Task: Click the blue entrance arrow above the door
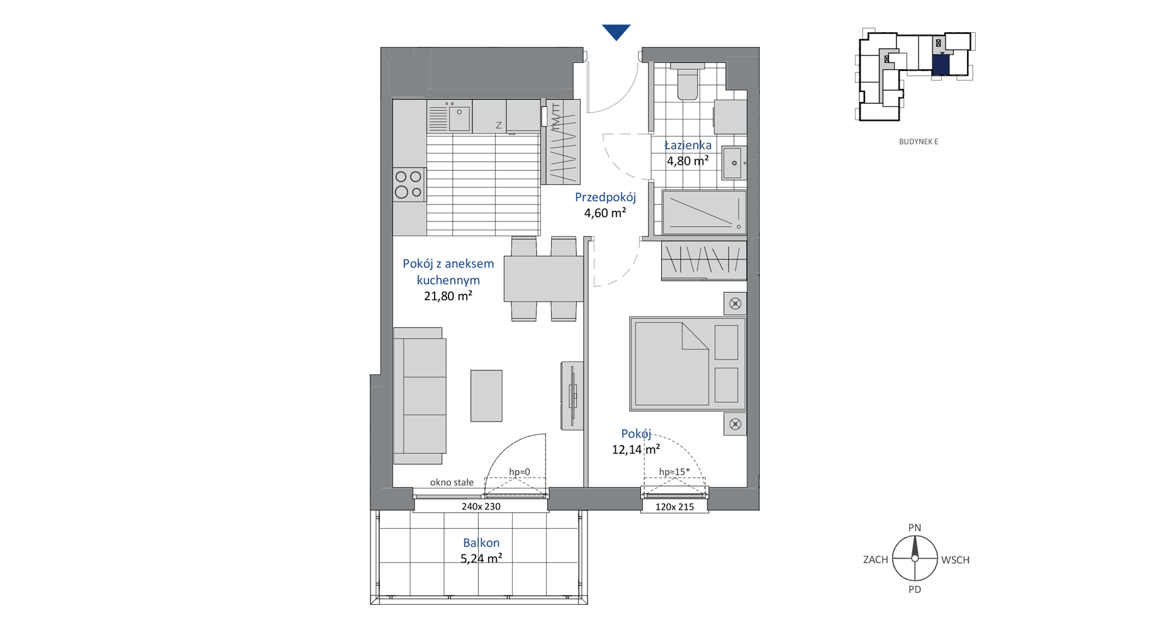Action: tap(616, 31)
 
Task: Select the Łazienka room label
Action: tap(688, 145)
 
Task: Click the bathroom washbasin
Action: tap(734, 163)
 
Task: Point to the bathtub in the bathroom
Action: tap(704, 212)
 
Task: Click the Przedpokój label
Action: tap(605, 198)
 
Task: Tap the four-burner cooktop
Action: tap(409, 184)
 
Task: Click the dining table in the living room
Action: tap(544, 279)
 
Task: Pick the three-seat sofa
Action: tap(420, 396)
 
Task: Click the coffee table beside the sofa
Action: tap(486, 396)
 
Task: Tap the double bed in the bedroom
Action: tap(688, 364)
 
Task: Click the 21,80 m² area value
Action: tap(448, 296)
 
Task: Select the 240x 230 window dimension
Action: tap(481, 507)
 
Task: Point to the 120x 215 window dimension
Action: tap(675, 507)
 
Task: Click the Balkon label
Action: tap(481, 542)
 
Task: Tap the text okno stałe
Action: tap(452, 483)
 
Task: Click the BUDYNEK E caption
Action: tap(918, 142)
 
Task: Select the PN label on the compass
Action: tap(915, 528)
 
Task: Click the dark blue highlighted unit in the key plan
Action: tap(941, 65)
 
